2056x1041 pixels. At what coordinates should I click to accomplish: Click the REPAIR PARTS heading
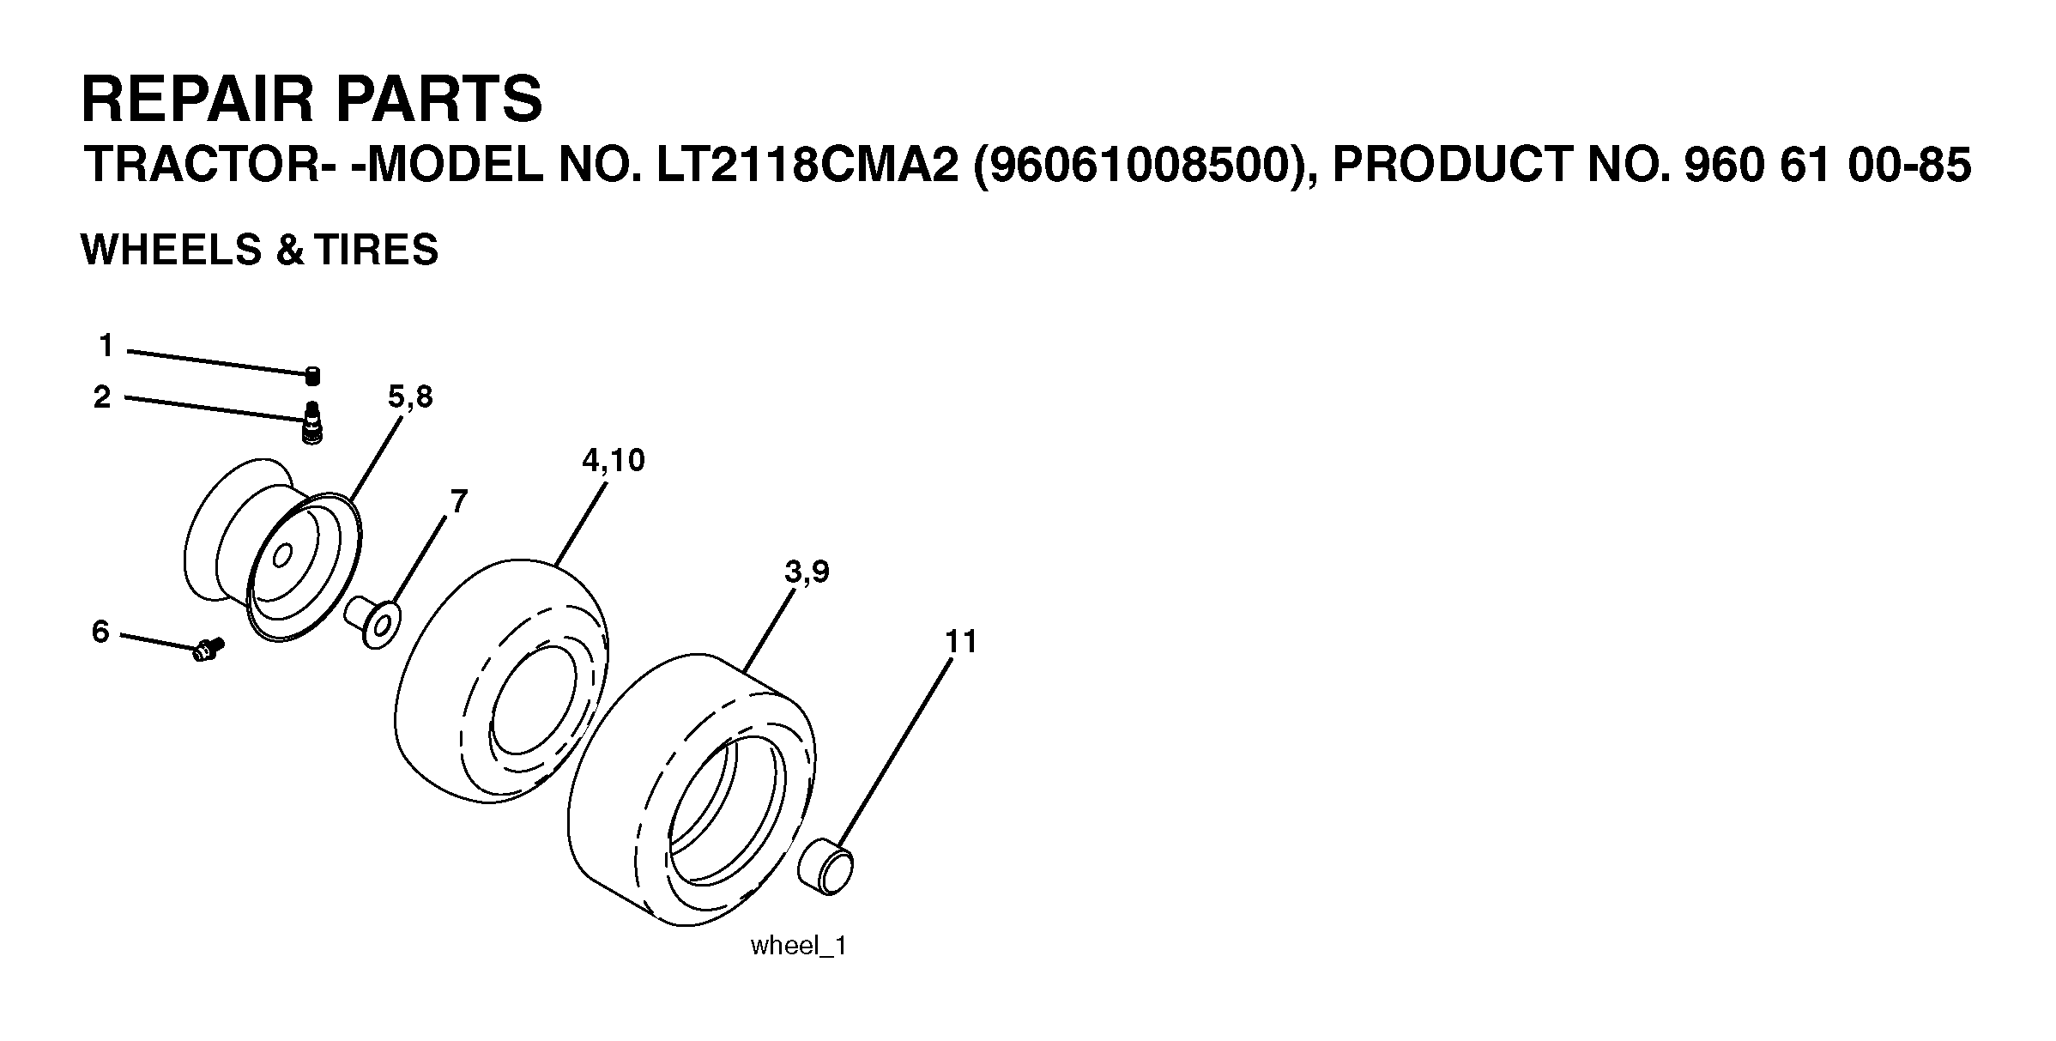pyautogui.click(x=311, y=100)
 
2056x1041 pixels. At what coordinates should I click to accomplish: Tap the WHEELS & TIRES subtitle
pyautogui.click(x=259, y=250)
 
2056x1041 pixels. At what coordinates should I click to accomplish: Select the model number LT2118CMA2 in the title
pyautogui.click(x=807, y=166)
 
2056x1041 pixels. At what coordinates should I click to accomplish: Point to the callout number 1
pyautogui.click(x=106, y=346)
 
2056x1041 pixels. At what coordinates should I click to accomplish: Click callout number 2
pyautogui.click(x=102, y=397)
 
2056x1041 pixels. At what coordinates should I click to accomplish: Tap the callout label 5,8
pyautogui.click(x=410, y=397)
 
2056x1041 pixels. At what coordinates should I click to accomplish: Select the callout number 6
pyautogui.click(x=100, y=632)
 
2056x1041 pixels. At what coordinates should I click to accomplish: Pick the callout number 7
pyautogui.click(x=459, y=501)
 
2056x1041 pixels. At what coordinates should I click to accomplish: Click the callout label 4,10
pyautogui.click(x=613, y=461)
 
